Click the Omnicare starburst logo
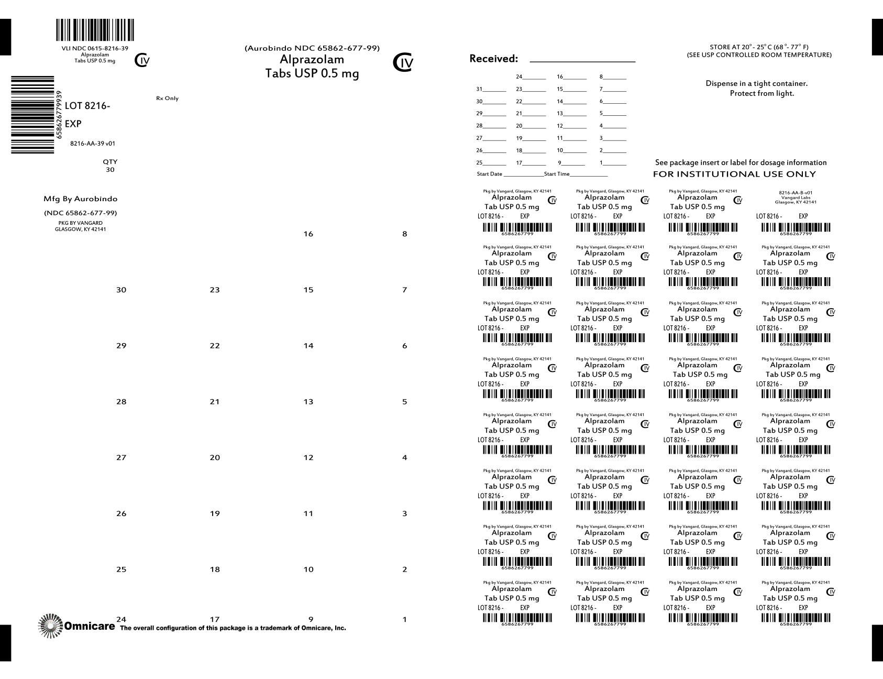[x=50, y=626]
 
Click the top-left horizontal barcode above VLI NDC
[x=95, y=30]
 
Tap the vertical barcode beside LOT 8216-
[x=32, y=115]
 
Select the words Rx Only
[x=167, y=98]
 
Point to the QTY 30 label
[x=110, y=166]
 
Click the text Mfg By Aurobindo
[x=81, y=199]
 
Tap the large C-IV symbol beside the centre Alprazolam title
[x=403, y=63]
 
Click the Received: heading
[x=493, y=59]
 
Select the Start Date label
[x=489, y=174]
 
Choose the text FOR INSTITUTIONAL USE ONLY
[x=734, y=174]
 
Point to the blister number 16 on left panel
[x=308, y=234]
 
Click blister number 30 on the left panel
[x=121, y=290]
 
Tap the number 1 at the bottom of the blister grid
[x=404, y=620]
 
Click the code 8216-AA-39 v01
[x=93, y=144]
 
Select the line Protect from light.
[x=761, y=93]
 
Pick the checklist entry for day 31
[x=491, y=90]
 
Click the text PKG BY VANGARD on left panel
[x=80, y=223]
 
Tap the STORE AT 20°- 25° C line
[x=759, y=47]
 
